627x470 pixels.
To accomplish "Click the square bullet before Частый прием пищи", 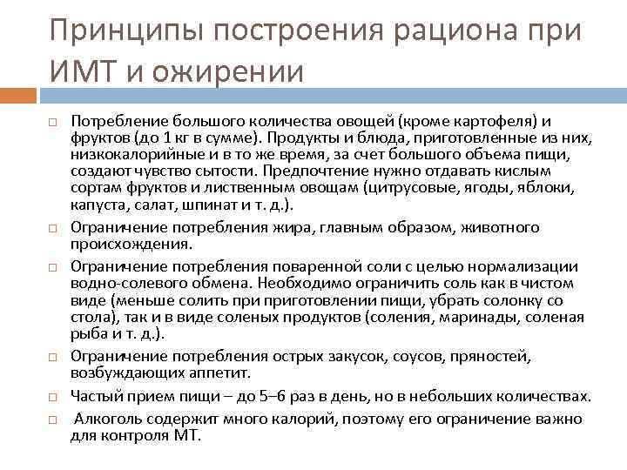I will (52, 398).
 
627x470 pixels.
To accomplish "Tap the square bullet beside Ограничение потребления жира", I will (52, 228).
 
